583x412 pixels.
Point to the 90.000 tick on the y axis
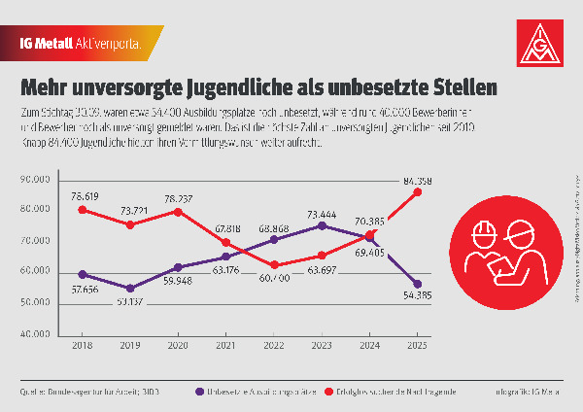click(35, 179)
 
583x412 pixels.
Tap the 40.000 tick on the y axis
click(35, 334)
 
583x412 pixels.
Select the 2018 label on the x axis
click(83, 346)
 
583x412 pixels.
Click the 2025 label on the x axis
click(418, 346)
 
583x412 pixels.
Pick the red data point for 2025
click(418, 191)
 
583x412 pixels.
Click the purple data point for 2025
click(418, 284)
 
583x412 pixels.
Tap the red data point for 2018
click(83, 210)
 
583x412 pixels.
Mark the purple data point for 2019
click(130, 289)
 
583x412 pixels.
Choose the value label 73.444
click(321, 212)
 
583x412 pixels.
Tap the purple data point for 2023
click(322, 225)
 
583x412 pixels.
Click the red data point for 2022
click(274, 264)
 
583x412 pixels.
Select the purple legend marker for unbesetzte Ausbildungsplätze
click(197, 392)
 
